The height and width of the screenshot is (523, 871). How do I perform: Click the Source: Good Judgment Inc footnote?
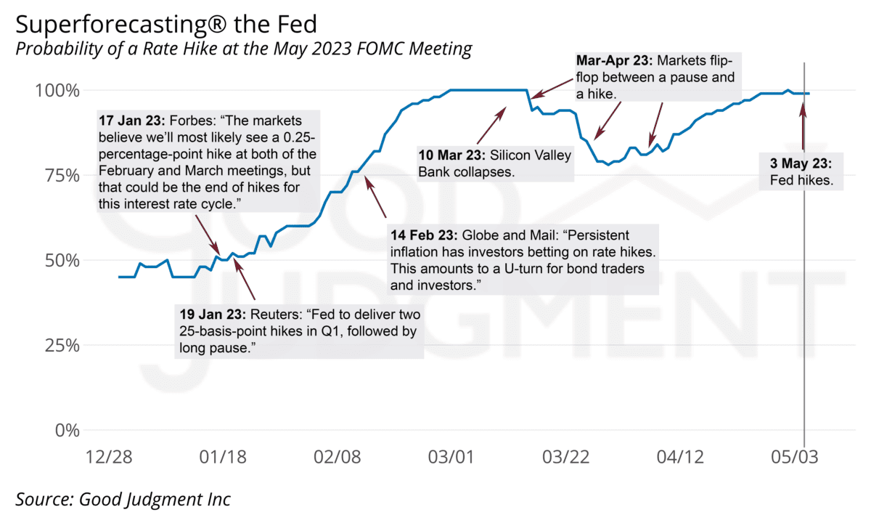[x=123, y=499]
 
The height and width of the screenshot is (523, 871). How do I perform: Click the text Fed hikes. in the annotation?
[x=801, y=179]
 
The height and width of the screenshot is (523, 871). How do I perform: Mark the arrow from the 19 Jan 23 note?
[x=245, y=277]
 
